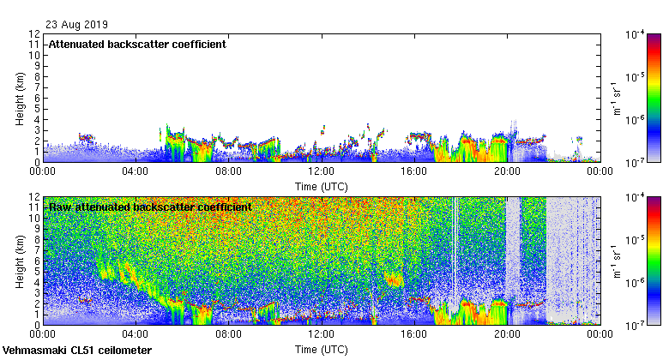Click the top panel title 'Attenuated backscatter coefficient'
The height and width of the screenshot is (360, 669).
click(x=137, y=44)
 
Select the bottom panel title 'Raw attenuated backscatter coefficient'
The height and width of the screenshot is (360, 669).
click(x=150, y=207)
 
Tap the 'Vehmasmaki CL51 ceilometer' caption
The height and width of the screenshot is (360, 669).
click(x=77, y=351)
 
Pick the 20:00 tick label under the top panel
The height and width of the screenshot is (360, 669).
click(x=507, y=171)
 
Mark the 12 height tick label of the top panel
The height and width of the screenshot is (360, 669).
click(x=34, y=34)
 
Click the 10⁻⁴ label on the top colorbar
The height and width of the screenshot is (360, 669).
click(x=636, y=35)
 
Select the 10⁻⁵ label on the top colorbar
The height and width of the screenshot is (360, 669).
click(x=636, y=77)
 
